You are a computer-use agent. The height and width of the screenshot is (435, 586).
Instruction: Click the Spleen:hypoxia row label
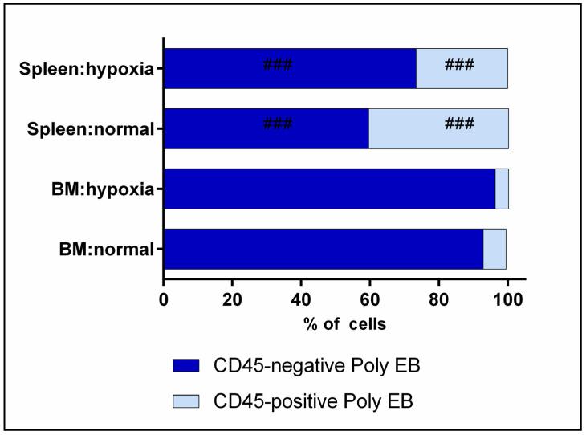point(85,68)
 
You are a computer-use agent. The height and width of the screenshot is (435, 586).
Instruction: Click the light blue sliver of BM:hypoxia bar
point(502,189)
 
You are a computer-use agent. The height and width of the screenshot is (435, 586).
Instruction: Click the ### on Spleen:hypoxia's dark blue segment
point(277,64)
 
